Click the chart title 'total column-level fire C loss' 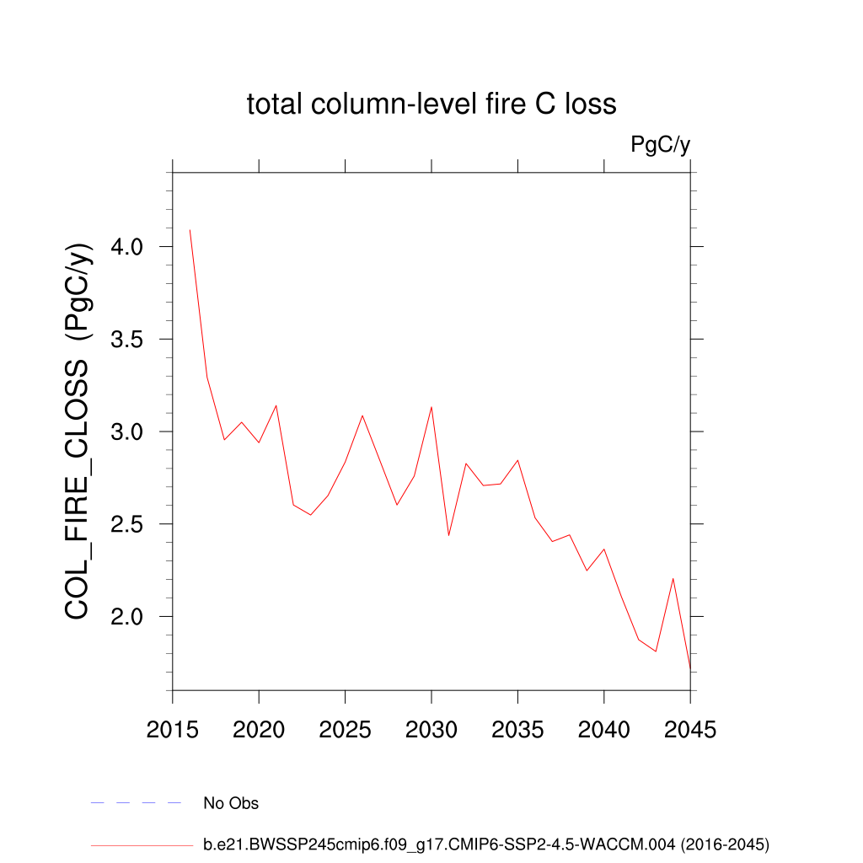431,105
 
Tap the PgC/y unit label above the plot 661,145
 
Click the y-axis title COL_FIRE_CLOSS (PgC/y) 78,431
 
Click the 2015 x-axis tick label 173,730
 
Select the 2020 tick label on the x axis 259,730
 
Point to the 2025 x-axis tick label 346,730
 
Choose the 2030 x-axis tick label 431,730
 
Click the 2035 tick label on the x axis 517,730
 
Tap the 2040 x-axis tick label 604,730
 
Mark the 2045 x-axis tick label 690,730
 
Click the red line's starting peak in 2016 190,230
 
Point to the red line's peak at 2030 431,407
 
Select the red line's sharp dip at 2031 448,535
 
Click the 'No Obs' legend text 231,803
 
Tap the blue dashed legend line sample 137,803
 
